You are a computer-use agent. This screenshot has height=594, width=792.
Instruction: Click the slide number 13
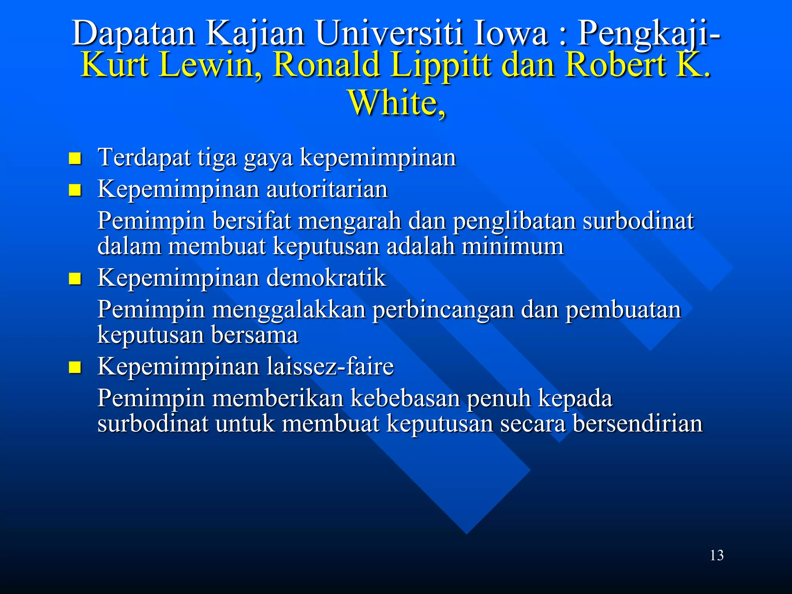717,555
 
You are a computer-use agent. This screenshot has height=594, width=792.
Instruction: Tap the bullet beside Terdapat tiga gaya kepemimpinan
75,158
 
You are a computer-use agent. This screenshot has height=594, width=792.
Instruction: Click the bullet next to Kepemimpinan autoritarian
75,190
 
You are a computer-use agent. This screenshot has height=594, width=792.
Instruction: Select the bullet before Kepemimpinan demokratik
75,278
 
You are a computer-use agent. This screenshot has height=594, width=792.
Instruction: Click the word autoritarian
327,189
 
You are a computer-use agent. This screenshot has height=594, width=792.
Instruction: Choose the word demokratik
326,278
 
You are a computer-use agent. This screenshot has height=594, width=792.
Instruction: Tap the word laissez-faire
330,366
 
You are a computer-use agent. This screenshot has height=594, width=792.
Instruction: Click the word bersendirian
637,423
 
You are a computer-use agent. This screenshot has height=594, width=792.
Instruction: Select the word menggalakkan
289,310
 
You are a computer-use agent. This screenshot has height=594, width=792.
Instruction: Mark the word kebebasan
405,398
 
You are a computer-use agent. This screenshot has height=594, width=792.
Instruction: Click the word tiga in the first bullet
217,158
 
